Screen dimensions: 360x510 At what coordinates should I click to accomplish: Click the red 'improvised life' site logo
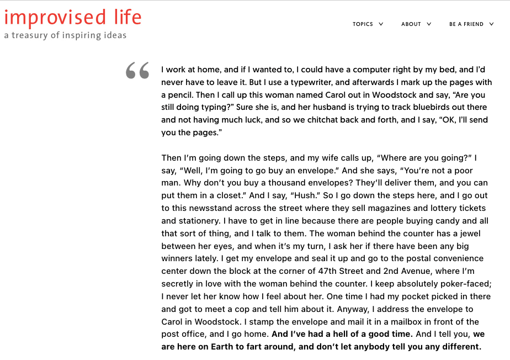(x=73, y=17)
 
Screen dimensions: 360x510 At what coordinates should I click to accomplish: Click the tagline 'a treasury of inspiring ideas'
(x=65, y=35)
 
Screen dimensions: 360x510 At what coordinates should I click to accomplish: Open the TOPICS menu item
(x=363, y=24)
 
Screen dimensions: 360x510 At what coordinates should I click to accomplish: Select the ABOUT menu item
(x=411, y=24)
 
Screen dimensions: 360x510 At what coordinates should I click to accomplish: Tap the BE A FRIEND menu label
(x=466, y=24)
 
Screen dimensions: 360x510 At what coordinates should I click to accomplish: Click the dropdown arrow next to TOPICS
(x=381, y=24)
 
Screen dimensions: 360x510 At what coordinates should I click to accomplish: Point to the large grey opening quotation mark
(x=137, y=71)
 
